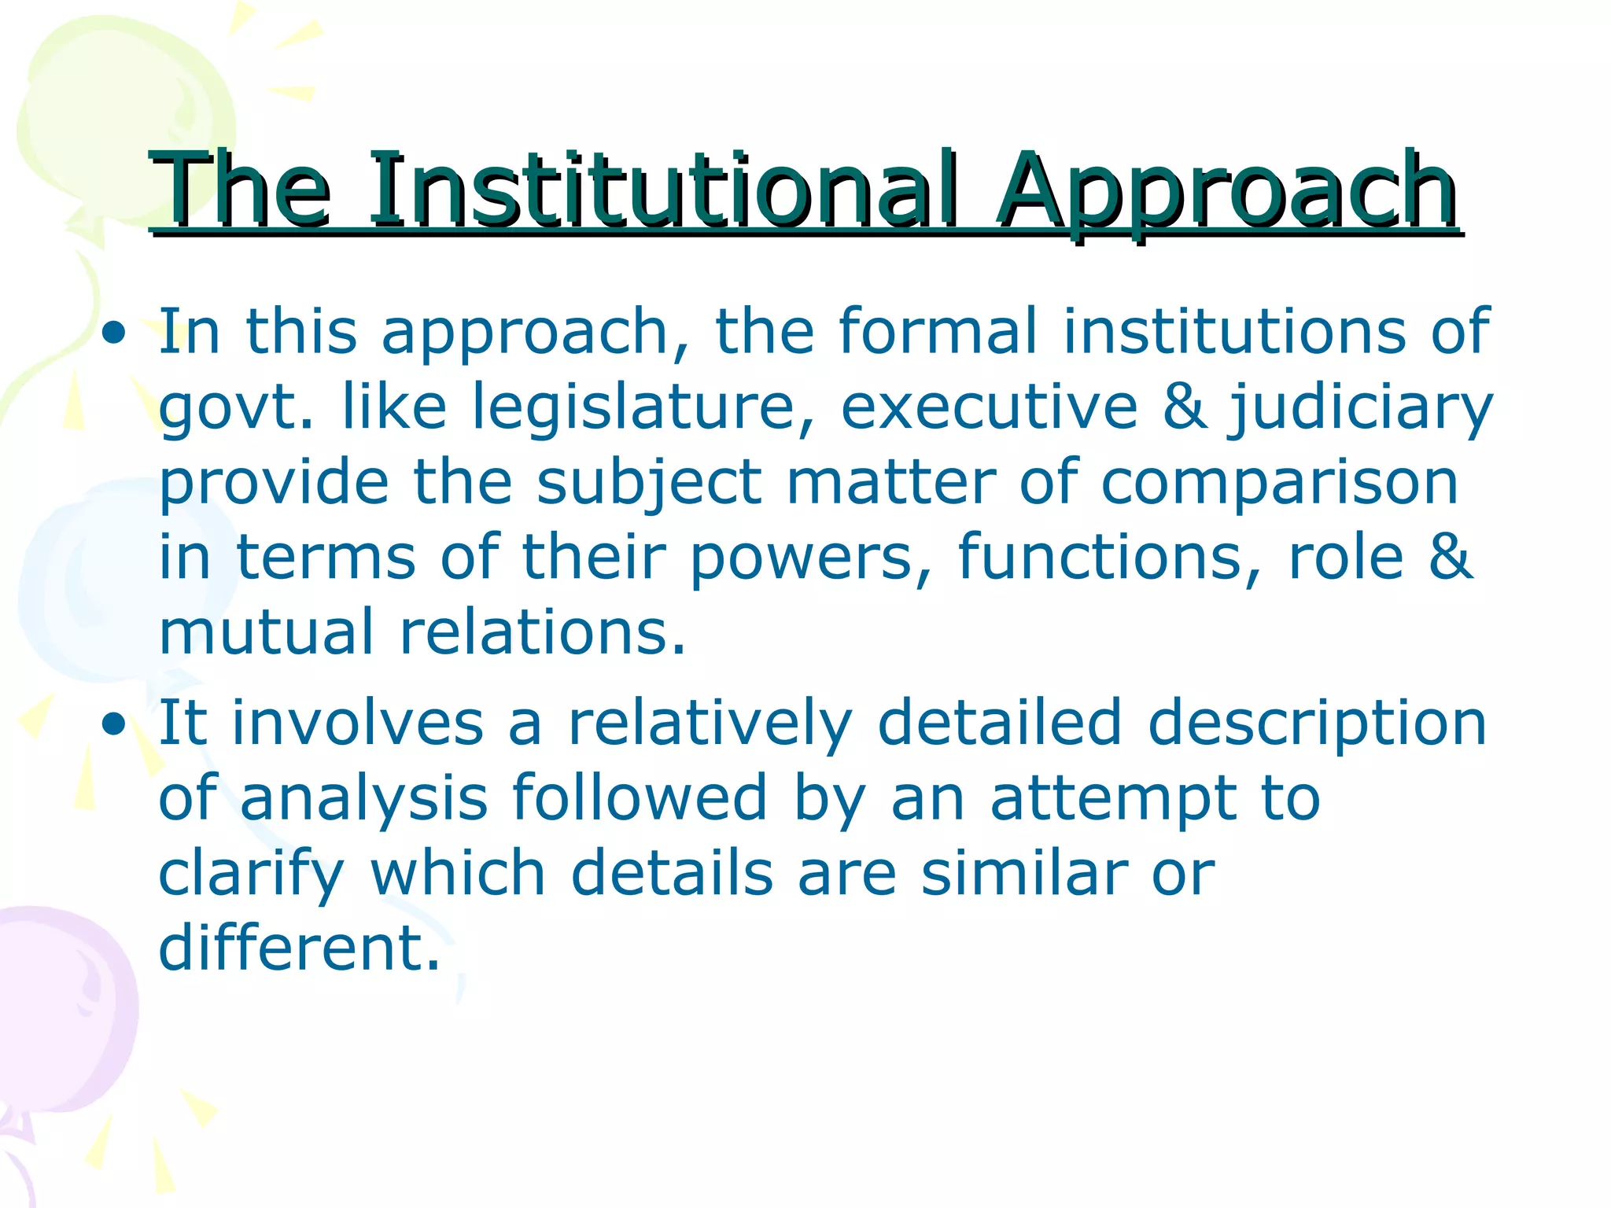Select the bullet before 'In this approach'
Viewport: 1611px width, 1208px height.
point(115,333)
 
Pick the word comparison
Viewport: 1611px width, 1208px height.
point(1279,483)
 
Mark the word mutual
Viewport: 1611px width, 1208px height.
point(266,632)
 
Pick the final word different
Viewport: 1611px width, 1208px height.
point(299,948)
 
